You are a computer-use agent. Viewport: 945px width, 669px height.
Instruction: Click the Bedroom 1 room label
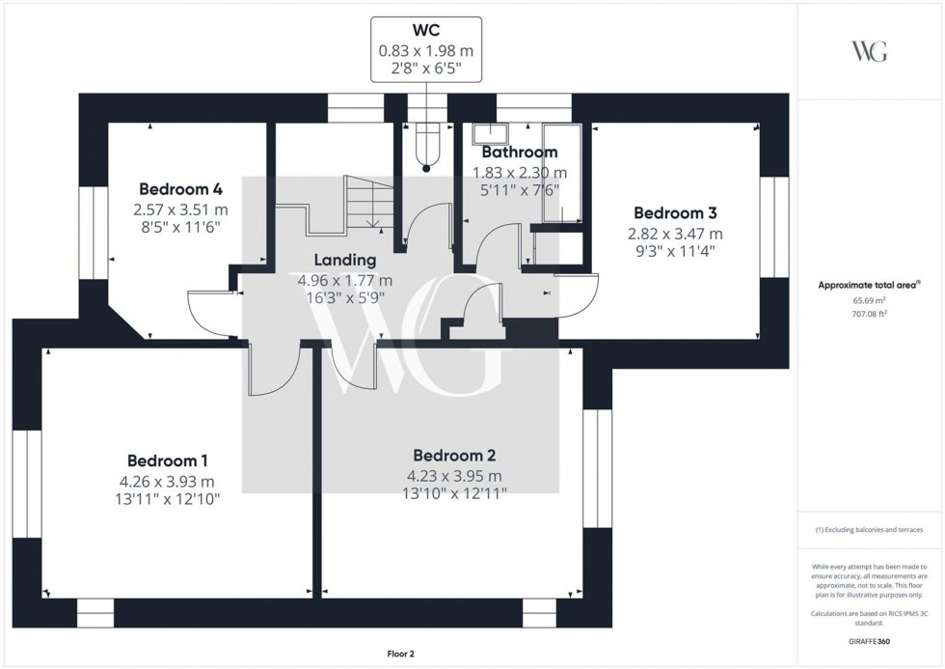point(167,460)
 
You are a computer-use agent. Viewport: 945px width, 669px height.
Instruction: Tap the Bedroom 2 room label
point(454,455)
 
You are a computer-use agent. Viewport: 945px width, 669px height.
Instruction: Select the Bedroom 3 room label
point(674,213)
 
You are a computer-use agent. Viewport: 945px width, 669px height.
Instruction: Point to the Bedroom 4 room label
point(180,188)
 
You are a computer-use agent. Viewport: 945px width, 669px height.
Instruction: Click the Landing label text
point(344,260)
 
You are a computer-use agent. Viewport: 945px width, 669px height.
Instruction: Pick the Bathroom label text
point(519,153)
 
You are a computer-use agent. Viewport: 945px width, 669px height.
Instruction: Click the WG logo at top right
point(869,51)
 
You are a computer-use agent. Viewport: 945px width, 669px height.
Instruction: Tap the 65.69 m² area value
point(869,300)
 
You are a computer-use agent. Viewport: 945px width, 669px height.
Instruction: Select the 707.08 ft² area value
point(869,313)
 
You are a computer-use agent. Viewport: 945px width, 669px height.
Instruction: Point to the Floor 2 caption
point(398,654)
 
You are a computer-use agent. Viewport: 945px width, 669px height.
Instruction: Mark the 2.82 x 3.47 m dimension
point(675,234)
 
